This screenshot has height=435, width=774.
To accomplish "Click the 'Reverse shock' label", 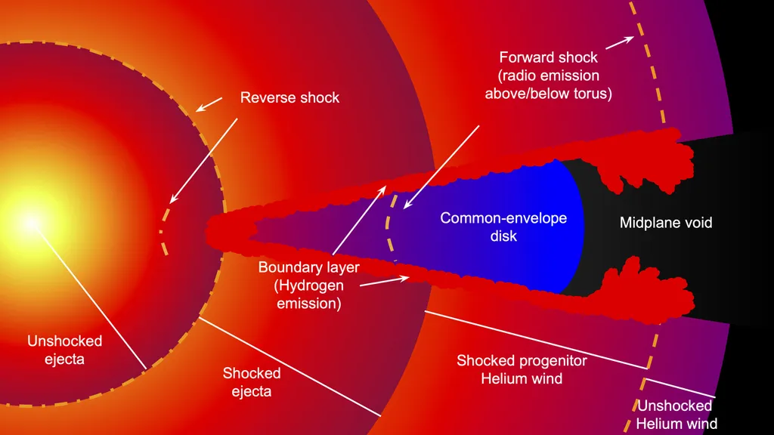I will pos(289,97).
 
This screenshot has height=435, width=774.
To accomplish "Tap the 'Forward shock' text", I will pos(548,57).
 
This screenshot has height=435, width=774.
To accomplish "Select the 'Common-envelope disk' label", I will pos(503,227).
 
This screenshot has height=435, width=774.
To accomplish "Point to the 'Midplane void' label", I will pos(666,223).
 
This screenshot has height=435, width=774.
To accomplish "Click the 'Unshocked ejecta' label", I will pos(64,350).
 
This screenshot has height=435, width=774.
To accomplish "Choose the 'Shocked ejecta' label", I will pos(252,382).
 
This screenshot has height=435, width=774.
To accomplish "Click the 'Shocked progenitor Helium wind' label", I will pos(522,369).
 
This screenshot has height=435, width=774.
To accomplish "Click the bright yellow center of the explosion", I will pos(30,222).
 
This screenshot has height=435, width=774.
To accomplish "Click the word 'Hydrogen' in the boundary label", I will pos(308,285).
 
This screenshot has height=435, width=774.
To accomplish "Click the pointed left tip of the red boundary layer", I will pos(210,227).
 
